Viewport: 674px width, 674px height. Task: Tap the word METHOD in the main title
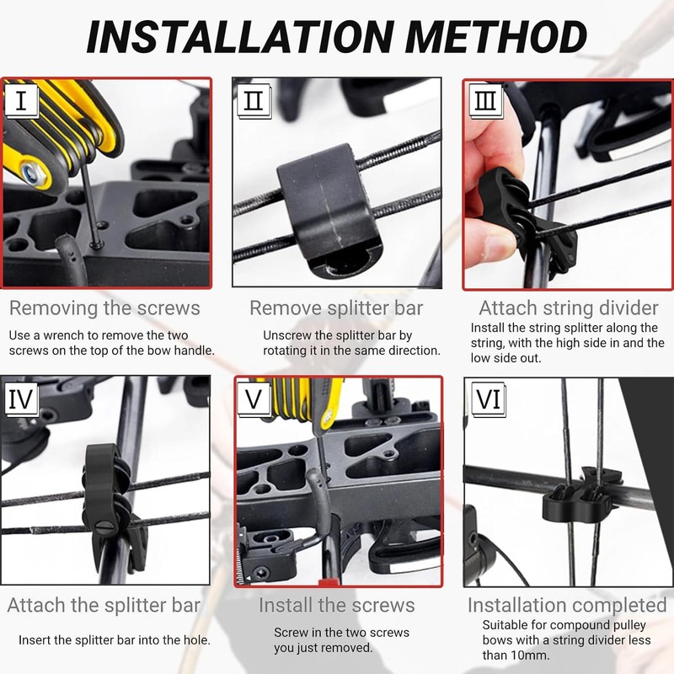pos(495,36)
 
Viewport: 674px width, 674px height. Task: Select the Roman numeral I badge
pos(21,100)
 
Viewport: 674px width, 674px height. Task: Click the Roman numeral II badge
pos(254,100)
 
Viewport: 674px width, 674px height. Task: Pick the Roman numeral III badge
pos(485,100)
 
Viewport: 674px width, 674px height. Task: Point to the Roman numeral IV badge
pos(21,399)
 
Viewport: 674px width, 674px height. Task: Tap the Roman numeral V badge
pos(254,399)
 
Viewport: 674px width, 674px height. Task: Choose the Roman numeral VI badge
pos(489,399)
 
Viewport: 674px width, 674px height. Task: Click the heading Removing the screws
pos(104,308)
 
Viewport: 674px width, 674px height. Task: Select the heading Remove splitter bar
pos(336,308)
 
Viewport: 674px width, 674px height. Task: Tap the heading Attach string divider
pos(568,308)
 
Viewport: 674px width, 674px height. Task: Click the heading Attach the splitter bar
pos(104,605)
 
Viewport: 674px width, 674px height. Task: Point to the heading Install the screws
pos(336,605)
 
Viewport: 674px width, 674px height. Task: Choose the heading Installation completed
pos(567,605)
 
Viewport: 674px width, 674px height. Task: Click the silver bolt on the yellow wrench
pos(31,174)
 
